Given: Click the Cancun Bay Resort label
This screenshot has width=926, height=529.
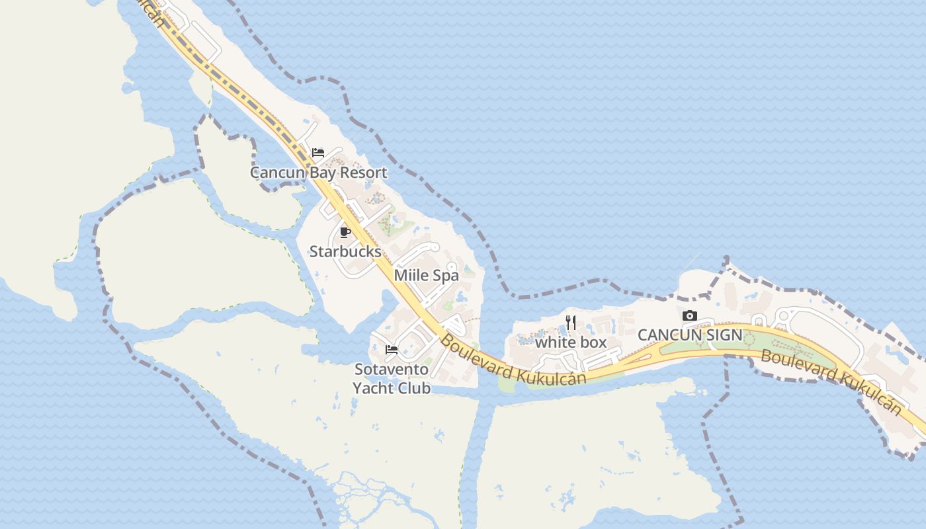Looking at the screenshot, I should point(318,173).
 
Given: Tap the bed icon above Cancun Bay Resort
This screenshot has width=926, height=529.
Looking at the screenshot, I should point(318,153).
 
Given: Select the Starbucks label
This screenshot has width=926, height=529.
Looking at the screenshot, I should point(345,251).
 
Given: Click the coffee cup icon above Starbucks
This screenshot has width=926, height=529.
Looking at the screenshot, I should point(345,232).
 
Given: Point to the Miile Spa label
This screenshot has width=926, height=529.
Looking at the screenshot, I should point(426,275).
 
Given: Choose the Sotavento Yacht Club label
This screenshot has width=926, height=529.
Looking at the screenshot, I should point(392,378).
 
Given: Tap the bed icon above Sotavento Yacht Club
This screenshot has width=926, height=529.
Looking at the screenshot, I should point(392,350).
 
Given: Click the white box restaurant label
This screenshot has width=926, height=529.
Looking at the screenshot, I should point(570,342).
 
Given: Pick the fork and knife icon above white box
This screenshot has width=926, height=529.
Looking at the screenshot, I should point(571,323).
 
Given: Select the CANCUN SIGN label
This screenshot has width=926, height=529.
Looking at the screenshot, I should point(690,335).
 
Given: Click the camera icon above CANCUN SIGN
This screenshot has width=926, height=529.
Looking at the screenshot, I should point(690,316).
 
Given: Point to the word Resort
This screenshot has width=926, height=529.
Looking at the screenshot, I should point(363,173).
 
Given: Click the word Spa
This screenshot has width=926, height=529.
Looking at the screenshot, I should point(446,275).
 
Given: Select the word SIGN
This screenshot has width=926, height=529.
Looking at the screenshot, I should point(723,335).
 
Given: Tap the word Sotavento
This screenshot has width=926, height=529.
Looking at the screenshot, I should point(392,369).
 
